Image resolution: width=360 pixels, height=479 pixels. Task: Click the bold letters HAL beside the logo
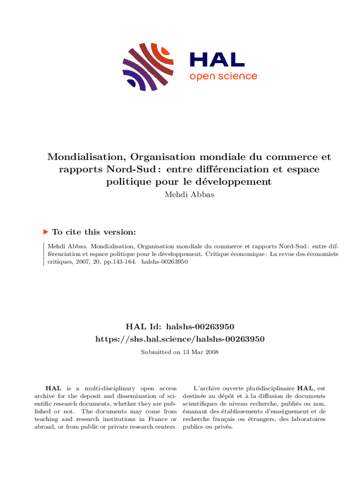tap(216, 59)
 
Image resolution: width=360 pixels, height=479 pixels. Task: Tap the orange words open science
tap(223, 76)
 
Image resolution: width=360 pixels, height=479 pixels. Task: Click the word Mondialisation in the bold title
tap(86, 157)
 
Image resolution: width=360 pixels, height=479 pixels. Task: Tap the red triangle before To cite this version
tap(46, 232)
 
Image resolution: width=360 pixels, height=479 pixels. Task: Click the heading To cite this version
tap(94, 232)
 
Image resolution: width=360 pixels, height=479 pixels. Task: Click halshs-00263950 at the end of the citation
tap(164, 262)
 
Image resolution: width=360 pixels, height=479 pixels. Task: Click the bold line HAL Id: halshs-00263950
tap(180, 326)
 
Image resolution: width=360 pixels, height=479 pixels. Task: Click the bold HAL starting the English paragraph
tap(52, 388)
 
